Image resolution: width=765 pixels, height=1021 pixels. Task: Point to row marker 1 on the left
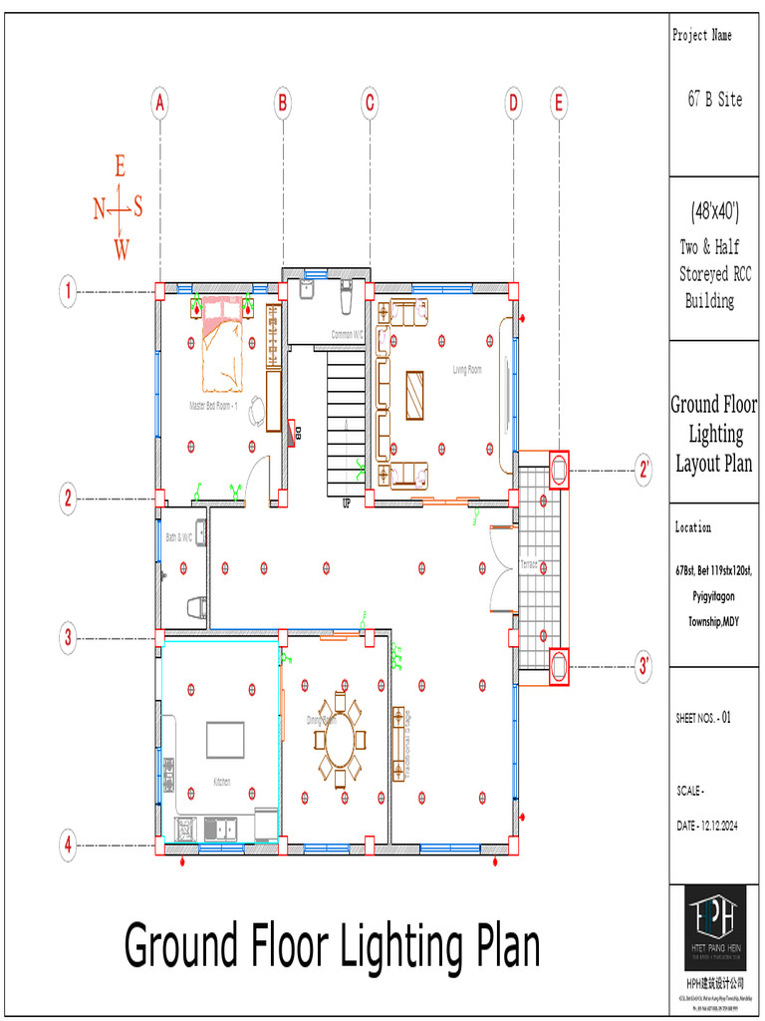tap(68, 292)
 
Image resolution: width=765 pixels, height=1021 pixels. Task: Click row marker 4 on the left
tap(68, 846)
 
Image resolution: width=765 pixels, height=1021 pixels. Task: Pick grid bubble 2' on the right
tap(645, 470)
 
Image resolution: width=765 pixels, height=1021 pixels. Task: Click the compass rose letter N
tap(100, 208)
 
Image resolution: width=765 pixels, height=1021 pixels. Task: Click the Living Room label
tap(467, 370)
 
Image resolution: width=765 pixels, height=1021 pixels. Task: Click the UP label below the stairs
tap(347, 503)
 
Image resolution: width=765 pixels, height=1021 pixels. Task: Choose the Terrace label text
tap(528, 564)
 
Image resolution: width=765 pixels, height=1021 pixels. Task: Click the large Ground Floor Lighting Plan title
tap(332, 945)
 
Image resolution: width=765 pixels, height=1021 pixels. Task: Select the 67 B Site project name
tap(714, 100)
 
